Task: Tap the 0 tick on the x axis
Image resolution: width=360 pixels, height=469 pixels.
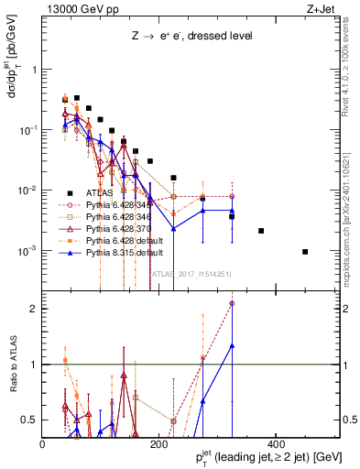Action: [x=43, y=444]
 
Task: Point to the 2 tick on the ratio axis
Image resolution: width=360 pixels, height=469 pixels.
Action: [x=34, y=309]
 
